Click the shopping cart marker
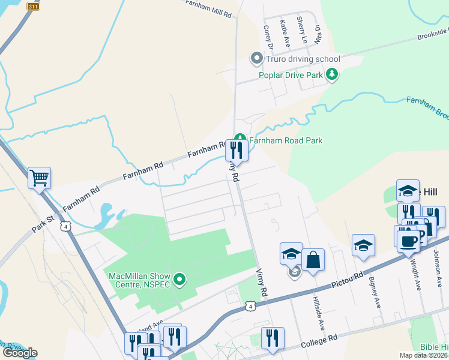40,177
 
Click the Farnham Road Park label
286,140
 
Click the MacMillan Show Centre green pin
179,279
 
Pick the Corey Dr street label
269,37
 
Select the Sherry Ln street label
302,31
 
